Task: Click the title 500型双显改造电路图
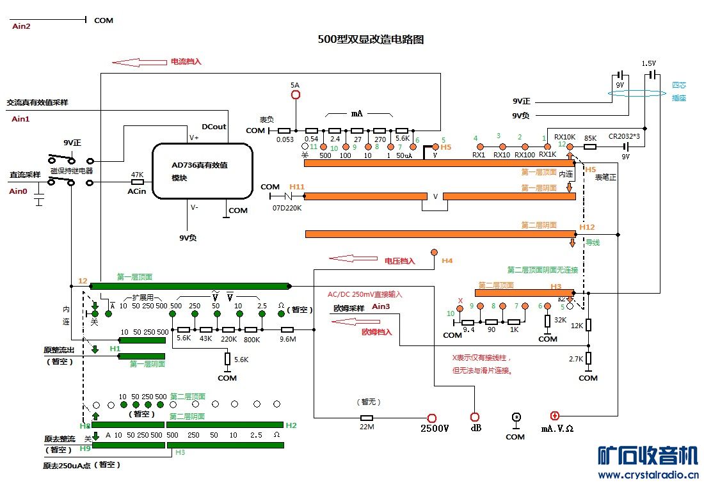pyautogui.click(x=371, y=39)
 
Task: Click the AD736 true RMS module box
pyautogui.click(x=200, y=170)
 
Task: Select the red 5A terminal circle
pyautogui.click(x=295, y=95)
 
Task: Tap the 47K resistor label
pyautogui.click(x=136, y=174)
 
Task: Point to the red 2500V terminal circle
pyautogui.click(x=432, y=418)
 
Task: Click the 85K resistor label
pyautogui.click(x=590, y=137)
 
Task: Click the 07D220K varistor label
pyautogui.click(x=286, y=208)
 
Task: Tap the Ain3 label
pyautogui.click(x=381, y=307)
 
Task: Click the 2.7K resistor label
pyautogui.click(x=576, y=359)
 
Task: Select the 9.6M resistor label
pyautogui.click(x=289, y=340)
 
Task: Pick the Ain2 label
pyautogui.click(x=21, y=26)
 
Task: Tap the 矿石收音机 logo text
pyautogui.click(x=647, y=456)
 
